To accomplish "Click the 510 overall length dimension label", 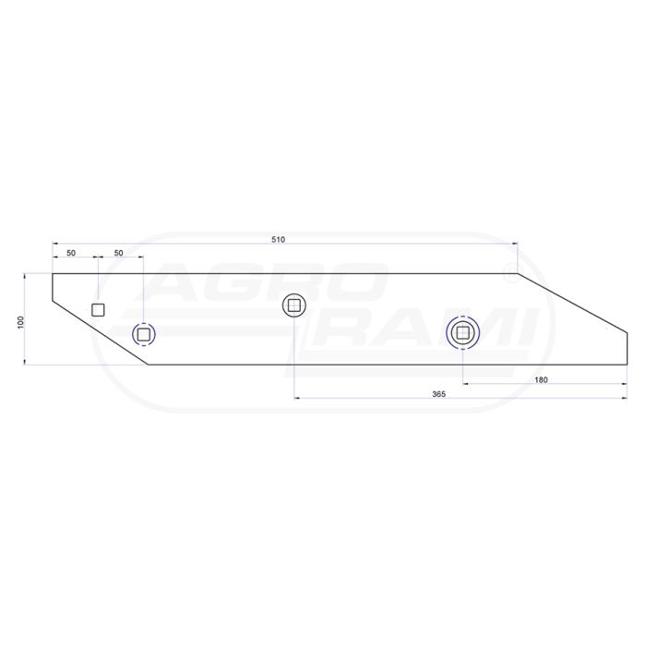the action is point(278,240).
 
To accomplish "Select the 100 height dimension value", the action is point(21,322).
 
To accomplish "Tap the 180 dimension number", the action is point(541,380).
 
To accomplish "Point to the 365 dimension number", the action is point(438,394).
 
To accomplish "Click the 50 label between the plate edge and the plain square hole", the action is point(71,253).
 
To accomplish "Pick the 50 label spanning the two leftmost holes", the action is point(118,253).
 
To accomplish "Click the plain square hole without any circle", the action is point(98,310).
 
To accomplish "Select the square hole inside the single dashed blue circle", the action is point(143,334).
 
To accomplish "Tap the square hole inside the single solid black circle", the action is point(294,305).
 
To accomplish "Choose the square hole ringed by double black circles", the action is point(462,332).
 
